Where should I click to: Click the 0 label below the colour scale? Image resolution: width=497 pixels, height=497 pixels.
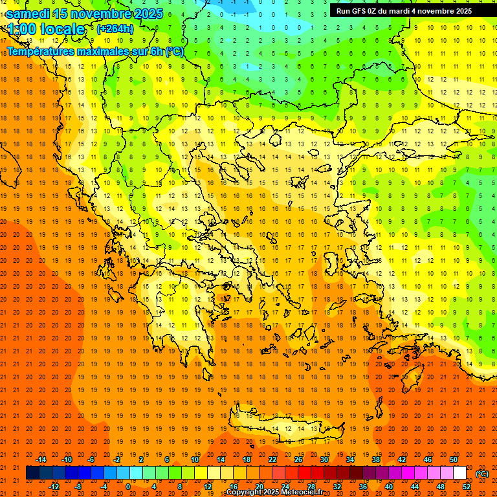pos(127,487)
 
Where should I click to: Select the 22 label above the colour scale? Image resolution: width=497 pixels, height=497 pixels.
pos(272,459)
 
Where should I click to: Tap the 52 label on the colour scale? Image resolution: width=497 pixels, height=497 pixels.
pos(467,487)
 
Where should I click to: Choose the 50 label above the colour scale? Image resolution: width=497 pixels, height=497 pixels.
pos(454,459)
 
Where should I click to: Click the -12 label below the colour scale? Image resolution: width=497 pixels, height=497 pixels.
pos(54,487)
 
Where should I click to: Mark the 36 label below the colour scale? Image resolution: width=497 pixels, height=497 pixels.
pos(362,487)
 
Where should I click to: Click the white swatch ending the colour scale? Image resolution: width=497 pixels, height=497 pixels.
pos(459,473)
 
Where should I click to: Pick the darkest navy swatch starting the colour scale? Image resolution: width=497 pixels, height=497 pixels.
pos(32,473)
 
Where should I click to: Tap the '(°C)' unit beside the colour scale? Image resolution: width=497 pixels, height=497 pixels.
pos(482,474)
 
